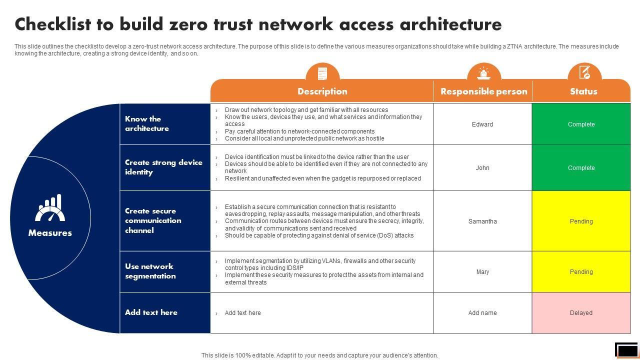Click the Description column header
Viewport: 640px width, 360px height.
click(x=322, y=91)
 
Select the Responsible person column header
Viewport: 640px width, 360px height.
click(x=483, y=91)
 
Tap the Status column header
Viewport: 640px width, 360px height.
click(x=583, y=91)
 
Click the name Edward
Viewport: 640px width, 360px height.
click(x=482, y=124)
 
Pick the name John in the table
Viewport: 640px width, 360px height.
click(x=482, y=168)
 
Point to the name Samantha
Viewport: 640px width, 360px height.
click(x=482, y=221)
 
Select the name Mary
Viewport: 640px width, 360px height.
click(x=482, y=272)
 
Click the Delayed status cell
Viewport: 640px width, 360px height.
click(x=581, y=313)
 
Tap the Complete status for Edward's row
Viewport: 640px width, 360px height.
click(x=581, y=124)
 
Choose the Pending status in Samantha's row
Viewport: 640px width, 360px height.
click(x=581, y=221)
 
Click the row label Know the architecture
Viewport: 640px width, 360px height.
click(x=147, y=123)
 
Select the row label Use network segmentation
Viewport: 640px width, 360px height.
click(x=150, y=271)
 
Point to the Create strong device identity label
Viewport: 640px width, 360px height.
click(x=163, y=167)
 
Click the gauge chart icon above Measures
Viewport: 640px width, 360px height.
click(x=50, y=208)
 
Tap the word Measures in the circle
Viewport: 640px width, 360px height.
click(x=50, y=233)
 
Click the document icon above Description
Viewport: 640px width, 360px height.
click(x=322, y=73)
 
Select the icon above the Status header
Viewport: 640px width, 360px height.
click(x=584, y=72)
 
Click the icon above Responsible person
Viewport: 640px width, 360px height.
click(x=483, y=73)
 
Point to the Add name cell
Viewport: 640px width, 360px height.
click(x=482, y=313)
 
